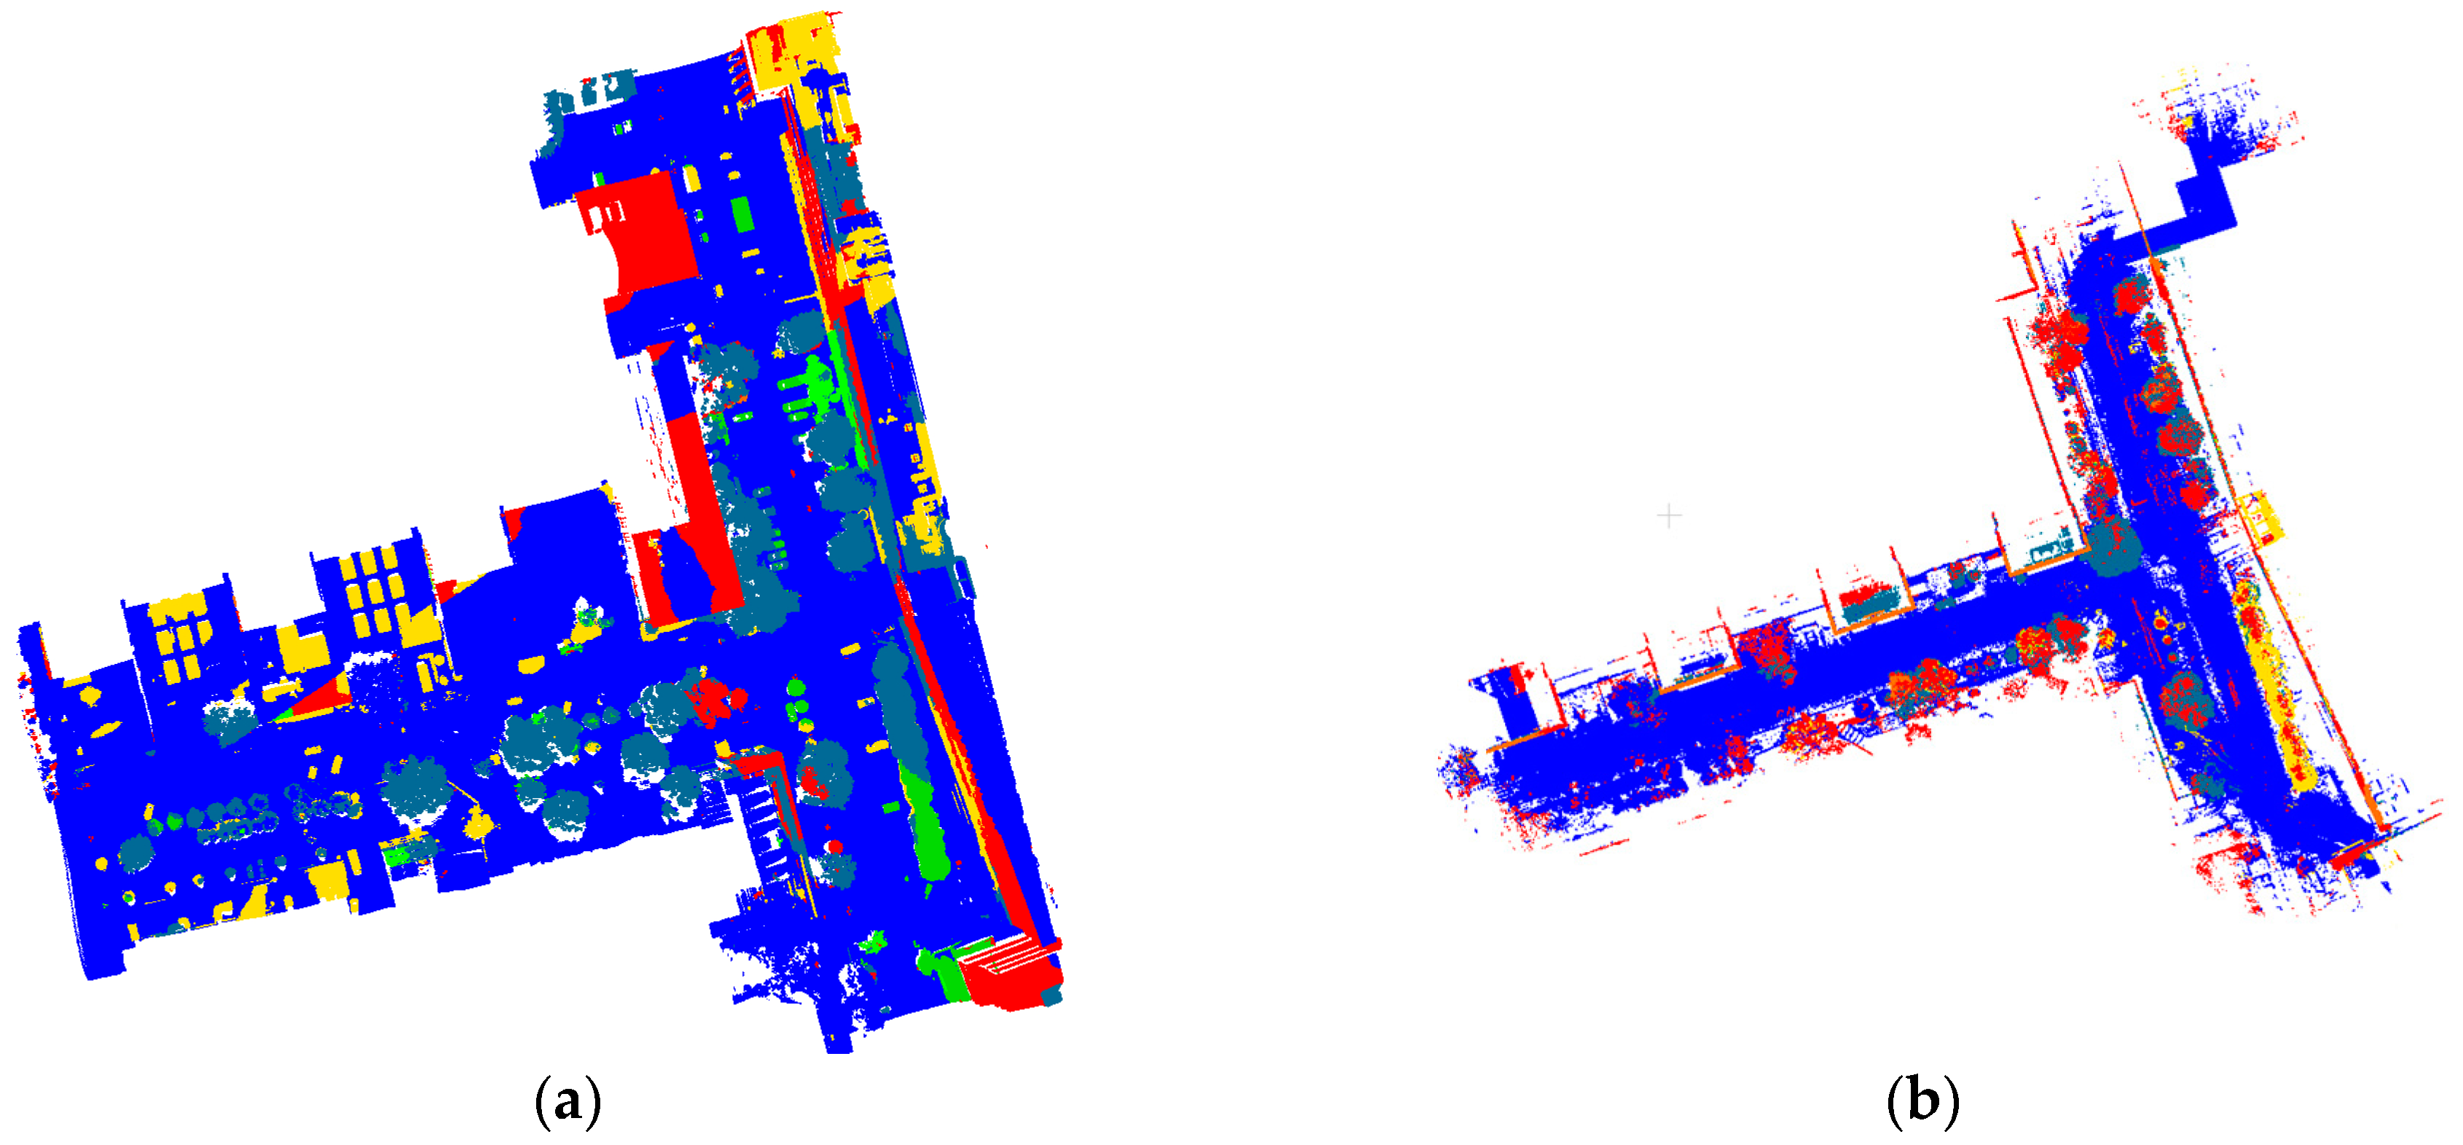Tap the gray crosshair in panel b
[x=1668, y=517]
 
